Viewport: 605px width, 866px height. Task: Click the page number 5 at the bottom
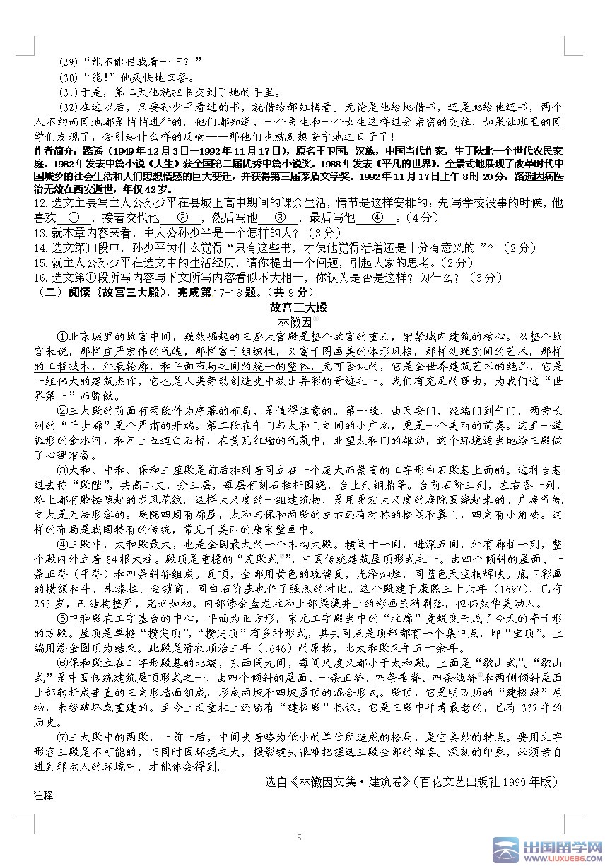coord(299,838)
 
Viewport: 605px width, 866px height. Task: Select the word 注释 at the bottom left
coord(43,795)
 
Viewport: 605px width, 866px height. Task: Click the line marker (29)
coord(69,61)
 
